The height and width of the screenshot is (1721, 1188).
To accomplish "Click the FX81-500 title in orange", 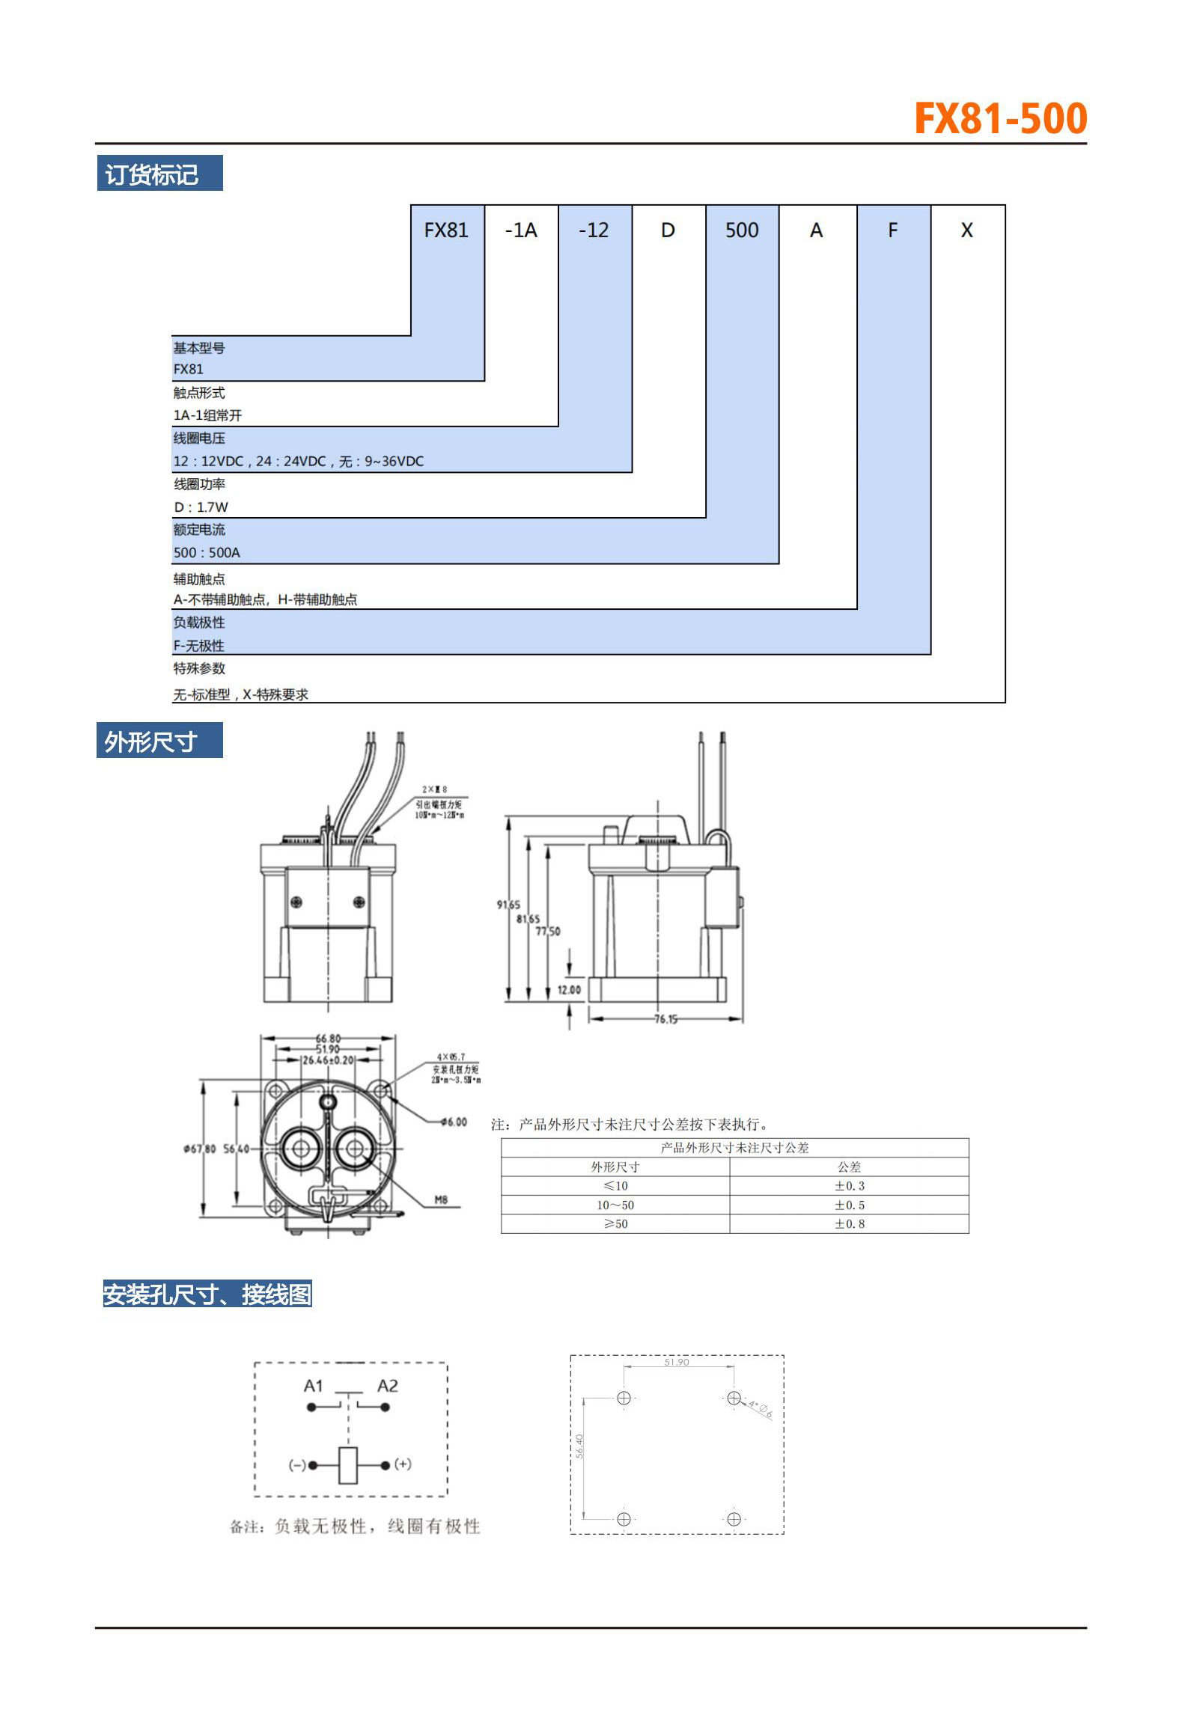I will (1000, 119).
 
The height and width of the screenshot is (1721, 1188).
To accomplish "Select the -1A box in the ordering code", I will (521, 230).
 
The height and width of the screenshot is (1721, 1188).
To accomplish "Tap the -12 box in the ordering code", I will (594, 230).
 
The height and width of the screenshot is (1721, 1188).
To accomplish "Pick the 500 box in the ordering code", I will (742, 230).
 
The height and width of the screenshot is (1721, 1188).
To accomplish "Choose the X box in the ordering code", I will (966, 230).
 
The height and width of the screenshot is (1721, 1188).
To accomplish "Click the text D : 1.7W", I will (201, 507).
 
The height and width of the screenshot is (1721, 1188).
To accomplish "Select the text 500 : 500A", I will (207, 552).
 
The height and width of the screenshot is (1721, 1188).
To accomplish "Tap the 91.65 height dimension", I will (508, 905).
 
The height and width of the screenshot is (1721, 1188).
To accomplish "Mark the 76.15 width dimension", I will (665, 1018).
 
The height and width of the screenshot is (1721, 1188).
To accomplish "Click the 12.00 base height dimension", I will (569, 989).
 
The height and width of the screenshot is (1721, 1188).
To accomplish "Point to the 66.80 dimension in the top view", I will (328, 1038).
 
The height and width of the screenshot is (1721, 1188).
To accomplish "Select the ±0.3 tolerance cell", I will (849, 1185).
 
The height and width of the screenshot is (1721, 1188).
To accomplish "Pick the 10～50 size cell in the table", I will (615, 1205).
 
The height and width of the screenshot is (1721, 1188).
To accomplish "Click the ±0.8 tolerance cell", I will (849, 1223).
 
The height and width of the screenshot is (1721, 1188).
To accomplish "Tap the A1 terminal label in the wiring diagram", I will (313, 1386).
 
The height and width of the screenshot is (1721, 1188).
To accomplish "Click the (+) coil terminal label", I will (403, 1464).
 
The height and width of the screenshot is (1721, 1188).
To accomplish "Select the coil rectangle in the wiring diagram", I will (348, 1465).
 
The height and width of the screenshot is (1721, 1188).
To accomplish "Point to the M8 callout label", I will (441, 1199).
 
